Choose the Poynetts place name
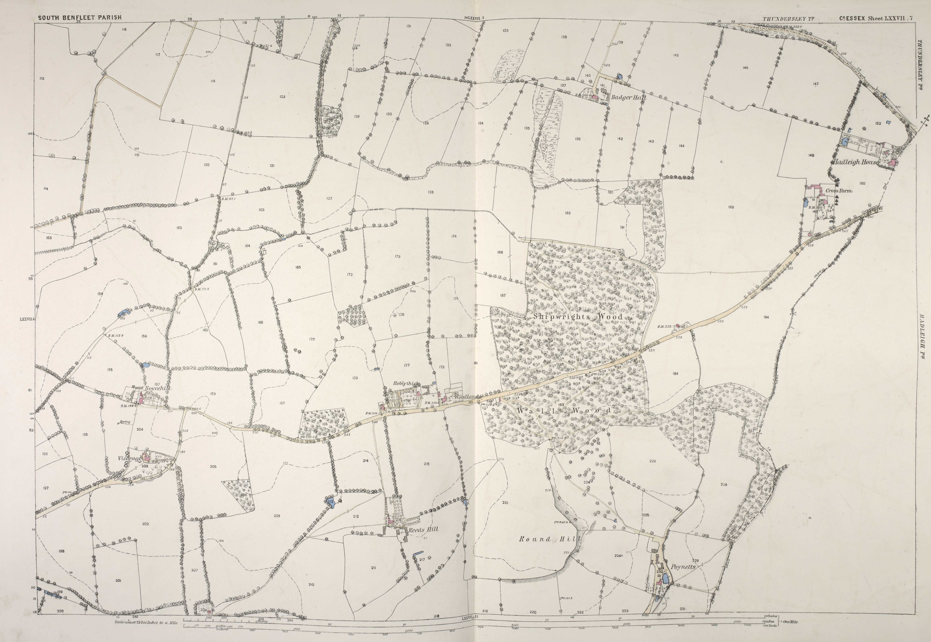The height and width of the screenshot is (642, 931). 683,567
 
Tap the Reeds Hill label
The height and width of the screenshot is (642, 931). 423,529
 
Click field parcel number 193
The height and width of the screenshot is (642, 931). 731,208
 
